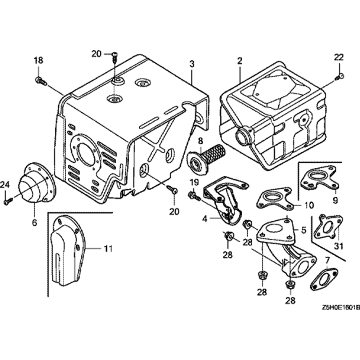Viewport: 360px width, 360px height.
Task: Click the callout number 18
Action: point(38,60)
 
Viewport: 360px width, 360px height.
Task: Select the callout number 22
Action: point(339,57)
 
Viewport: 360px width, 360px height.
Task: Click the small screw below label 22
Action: point(340,76)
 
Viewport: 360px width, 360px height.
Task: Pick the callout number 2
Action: point(239,61)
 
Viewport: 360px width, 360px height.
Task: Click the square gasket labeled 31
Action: point(328,227)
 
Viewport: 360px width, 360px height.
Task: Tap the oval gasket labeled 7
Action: point(324,279)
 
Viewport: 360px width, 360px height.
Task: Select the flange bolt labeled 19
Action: point(193,195)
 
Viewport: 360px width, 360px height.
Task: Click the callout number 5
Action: point(303,229)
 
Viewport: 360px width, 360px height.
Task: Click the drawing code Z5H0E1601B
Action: point(341,308)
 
